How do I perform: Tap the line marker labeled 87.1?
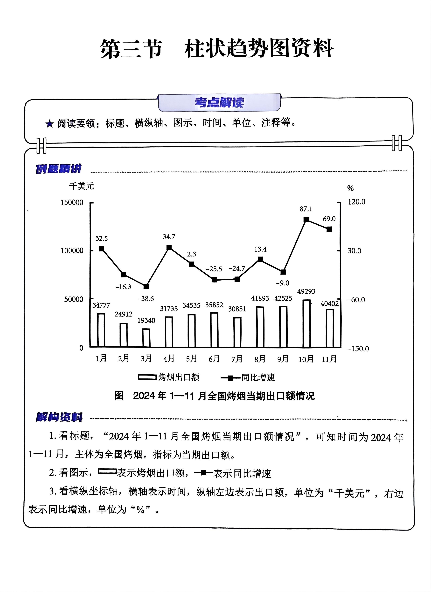tap(306, 220)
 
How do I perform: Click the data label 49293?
tap(306, 291)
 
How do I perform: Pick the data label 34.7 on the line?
tap(169, 237)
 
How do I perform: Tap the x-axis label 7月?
tap(237, 359)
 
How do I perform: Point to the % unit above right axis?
tap(350, 188)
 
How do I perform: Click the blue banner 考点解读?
tap(219, 103)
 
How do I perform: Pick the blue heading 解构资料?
tap(59, 417)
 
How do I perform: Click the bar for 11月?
tap(330, 328)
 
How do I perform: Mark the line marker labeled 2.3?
tap(191, 264)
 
